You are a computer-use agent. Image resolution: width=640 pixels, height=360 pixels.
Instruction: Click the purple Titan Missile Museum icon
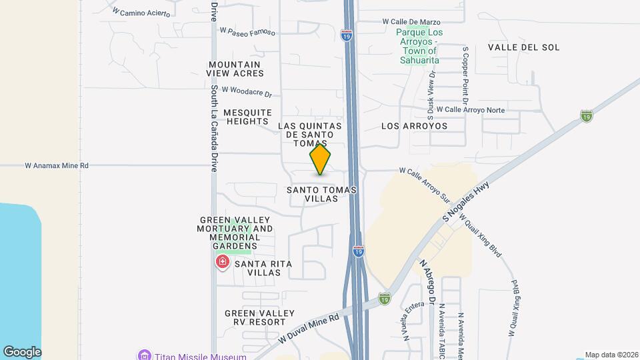pos(143,355)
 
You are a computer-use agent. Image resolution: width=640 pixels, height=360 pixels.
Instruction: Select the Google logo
pos(22,352)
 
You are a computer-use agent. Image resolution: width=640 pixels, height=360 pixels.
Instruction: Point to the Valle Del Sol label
pos(523,47)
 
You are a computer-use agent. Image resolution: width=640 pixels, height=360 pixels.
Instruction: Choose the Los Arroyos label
pos(414,125)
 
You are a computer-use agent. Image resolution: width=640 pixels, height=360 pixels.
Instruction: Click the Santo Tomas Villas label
pos(321,194)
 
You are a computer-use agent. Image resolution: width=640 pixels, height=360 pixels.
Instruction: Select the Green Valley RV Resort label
pos(259,317)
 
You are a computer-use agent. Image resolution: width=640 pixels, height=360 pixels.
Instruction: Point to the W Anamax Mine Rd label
pos(57,165)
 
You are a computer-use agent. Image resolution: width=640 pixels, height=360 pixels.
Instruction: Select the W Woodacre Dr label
pos(247,91)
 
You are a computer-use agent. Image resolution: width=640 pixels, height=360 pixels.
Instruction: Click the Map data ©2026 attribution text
pos(611,355)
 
